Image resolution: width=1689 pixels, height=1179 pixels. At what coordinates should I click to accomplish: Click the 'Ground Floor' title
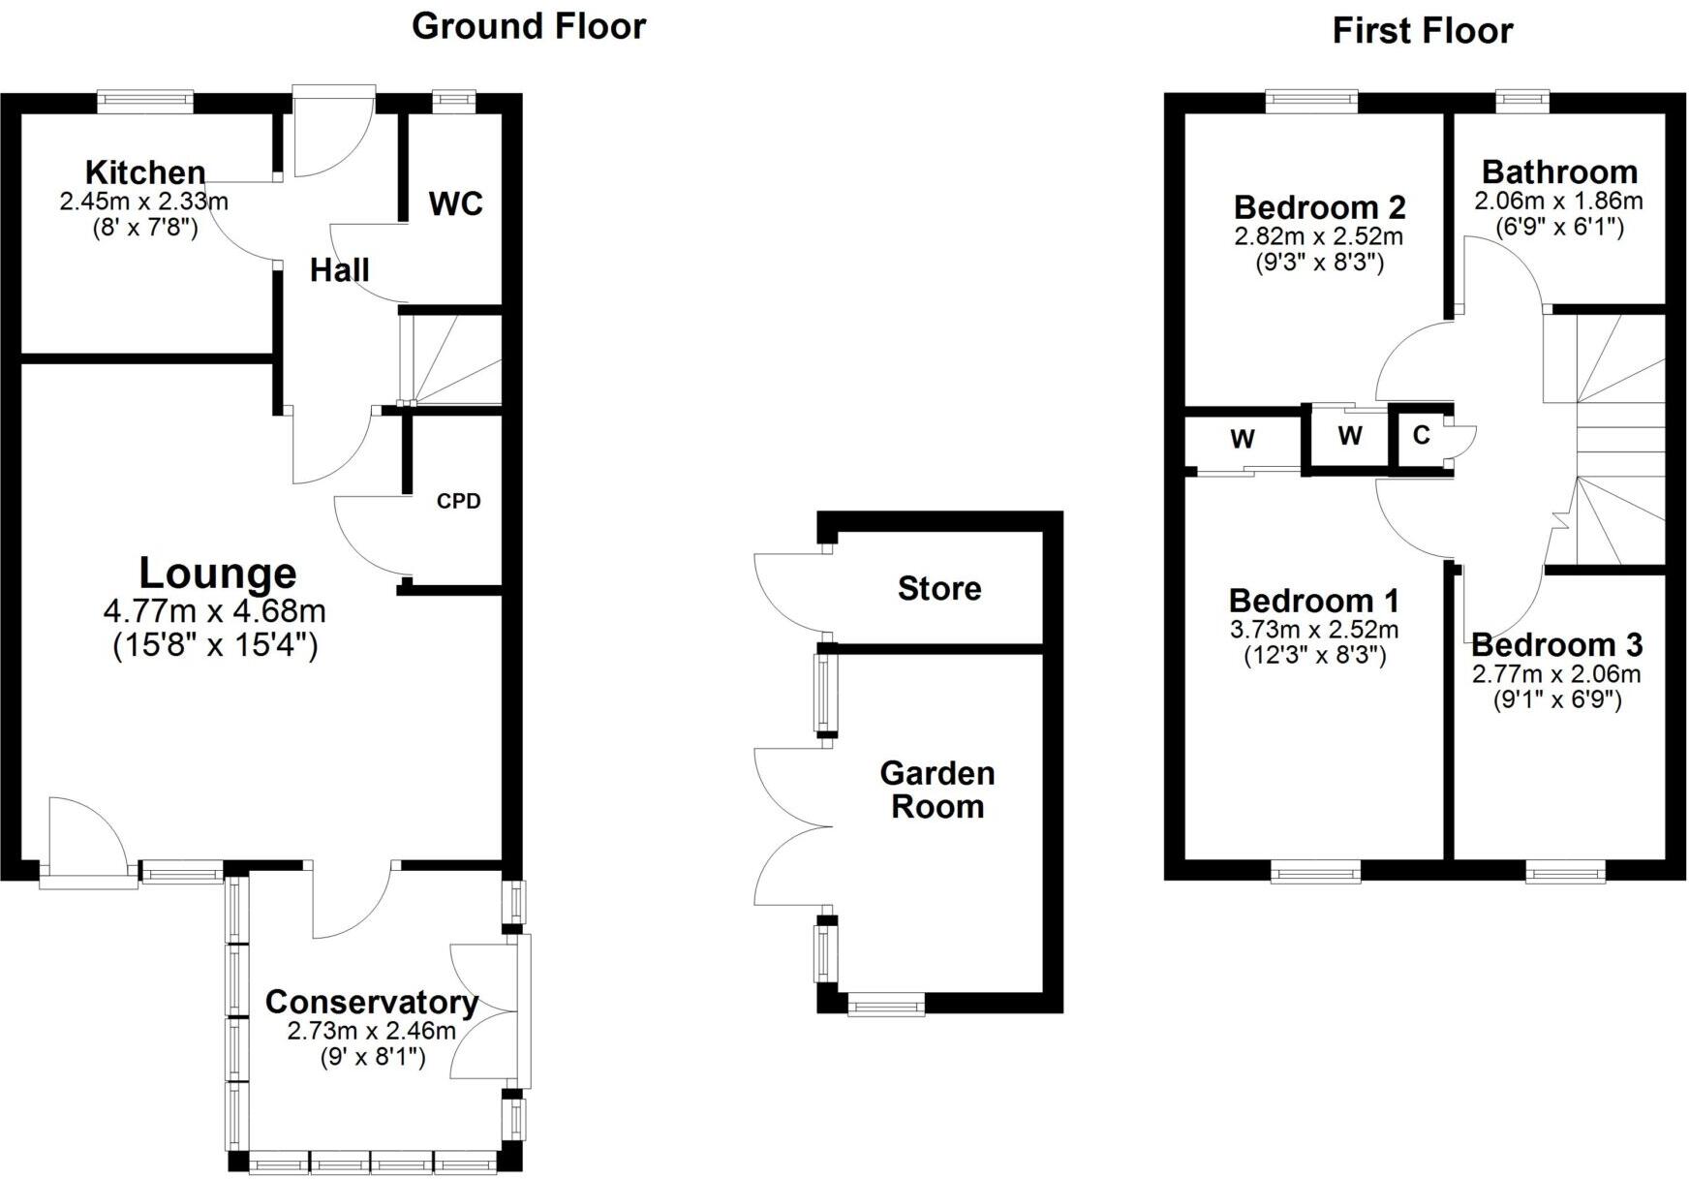pyautogui.click(x=529, y=26)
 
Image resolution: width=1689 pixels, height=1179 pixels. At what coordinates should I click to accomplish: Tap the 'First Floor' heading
pyautogui.click(x=1422, y=31)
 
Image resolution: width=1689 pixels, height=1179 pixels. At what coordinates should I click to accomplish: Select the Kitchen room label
pyautogui.click(x=145, y=173)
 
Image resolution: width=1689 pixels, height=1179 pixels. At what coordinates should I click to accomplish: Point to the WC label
pyautogui.click(x=455, y=204)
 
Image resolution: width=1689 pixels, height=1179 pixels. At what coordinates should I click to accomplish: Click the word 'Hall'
pyautogui.click(x=339, y=270)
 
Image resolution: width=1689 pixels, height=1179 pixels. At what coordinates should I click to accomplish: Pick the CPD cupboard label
pyautogui.click(x=458, y=502)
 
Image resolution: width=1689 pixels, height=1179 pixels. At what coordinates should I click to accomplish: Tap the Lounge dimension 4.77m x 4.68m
pyautogui.click(x=214, y=612)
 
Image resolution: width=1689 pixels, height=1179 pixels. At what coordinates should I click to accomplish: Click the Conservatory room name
pyautogui.click(x=372, y=1003)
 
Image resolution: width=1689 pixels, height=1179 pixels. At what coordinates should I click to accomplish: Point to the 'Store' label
pyautogui.click(x=939, y=589)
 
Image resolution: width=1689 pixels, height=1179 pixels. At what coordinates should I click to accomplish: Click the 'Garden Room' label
pyautogui.click(x=937, y=790)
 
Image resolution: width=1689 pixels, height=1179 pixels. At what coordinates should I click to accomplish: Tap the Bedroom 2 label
pyautogui.click(x=1319, y=207)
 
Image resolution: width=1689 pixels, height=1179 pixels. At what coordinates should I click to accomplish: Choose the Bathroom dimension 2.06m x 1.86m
pyautogui.click(x=1558, y=202)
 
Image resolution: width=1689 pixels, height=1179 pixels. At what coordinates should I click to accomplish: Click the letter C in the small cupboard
pyautogui.click(x=1421, y=435)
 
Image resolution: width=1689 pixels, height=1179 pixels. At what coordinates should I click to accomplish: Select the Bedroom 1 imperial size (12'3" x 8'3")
pyautogui.click(x=1314, y=656)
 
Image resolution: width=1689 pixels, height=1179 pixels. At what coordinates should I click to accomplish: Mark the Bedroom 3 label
pyautogui.click(x=1556, y=645)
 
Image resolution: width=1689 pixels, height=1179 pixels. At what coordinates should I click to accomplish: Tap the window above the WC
pyautogui.click(x=454, y=98)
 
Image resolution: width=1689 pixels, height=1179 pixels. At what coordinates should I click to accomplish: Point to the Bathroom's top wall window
pyautogui.click(x=1522, y=98)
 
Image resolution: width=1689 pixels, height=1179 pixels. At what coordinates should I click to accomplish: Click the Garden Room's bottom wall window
pyautogui.click(x=885, y=1007)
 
